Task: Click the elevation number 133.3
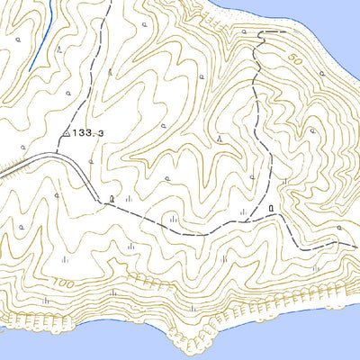[x=92, y=132]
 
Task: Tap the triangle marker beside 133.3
[x=68, y=134]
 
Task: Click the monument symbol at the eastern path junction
[x=271, y=210]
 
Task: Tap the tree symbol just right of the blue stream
[x=58, y=51]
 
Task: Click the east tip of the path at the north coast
[x=284, y=32]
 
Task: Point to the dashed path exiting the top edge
[x=110, y=4]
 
